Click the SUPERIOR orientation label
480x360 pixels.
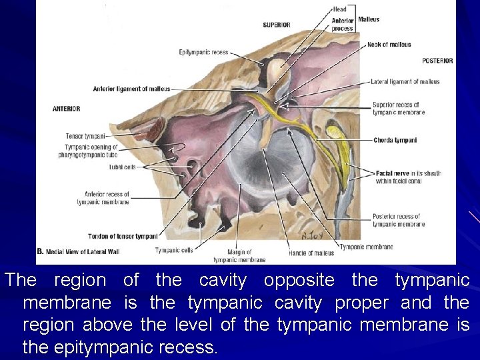277,25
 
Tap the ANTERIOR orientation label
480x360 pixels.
67,109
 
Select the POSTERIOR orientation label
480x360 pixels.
437,61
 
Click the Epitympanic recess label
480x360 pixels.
204,53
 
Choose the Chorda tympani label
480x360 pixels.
395,141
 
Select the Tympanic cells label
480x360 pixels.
174,251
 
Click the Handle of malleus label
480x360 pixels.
311,253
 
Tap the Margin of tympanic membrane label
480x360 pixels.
239,256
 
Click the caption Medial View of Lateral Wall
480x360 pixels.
83,251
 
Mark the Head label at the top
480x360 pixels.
339,9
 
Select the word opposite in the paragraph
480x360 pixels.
292,281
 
